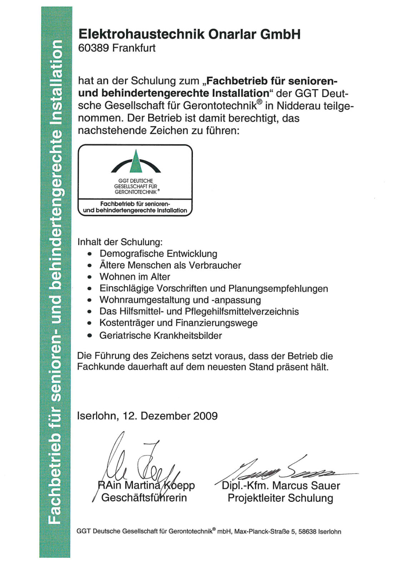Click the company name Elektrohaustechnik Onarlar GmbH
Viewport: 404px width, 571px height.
[189, 34]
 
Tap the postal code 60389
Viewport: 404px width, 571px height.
[93, 48]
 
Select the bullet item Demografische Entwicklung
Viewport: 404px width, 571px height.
[158, 254]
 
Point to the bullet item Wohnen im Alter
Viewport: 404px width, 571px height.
[135, 277]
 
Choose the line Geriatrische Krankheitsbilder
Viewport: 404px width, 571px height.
[160, 335]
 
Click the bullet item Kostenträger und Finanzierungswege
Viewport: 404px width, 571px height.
[178, 323]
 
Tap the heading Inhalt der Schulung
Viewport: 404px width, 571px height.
[120, 242]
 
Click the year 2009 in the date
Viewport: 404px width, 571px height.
[205, 416]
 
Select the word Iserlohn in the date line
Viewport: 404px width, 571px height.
[96, 416]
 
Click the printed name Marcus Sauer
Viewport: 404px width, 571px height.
[306, 486]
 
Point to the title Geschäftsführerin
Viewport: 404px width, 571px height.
[144, 497]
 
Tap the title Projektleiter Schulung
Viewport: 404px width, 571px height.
[280, 498]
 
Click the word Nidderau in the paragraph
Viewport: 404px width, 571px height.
[298, 106]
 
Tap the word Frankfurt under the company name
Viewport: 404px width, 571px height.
[134, 48]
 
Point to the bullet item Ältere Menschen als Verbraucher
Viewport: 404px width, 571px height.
[170, 265]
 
